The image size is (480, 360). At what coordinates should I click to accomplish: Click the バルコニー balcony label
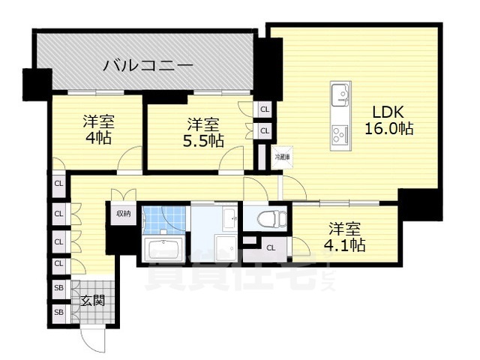coord(148,65)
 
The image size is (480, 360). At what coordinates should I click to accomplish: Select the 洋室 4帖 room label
coord(97,129)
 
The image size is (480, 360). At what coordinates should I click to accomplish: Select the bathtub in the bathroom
coord(163,249)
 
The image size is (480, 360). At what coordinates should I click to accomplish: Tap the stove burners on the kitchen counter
coord(340,135)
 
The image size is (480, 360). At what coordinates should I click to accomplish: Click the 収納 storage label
coord(123,213)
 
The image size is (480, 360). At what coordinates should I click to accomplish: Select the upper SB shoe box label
coord(58,287)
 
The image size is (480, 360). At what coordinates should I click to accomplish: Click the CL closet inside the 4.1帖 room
coord(270,247)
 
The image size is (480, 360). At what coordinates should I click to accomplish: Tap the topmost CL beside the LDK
coord(263,109)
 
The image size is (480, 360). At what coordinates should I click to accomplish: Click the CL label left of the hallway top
coord(58,183)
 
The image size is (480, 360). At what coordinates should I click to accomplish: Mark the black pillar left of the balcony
coord(36,83)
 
